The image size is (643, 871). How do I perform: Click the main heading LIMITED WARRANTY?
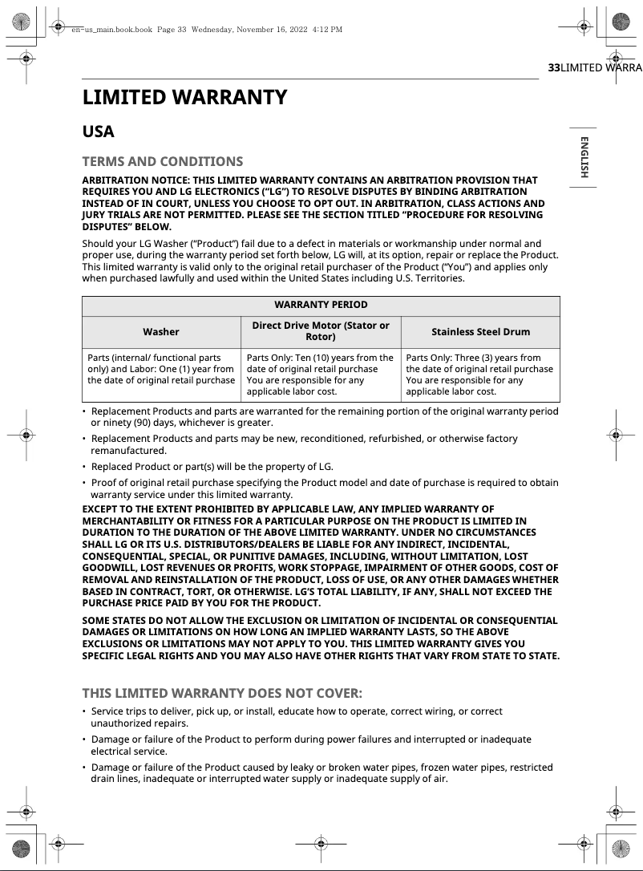[184, 98]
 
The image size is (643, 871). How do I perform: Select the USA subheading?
[99, 132]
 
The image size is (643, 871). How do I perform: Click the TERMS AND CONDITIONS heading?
[163, 161]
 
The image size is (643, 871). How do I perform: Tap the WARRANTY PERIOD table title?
[321, 305]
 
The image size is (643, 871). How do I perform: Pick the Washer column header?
[161, 331]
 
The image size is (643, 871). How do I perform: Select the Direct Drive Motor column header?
[321, 331]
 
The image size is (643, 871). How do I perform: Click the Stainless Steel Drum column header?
[480, 331]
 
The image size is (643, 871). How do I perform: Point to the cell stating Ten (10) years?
[320, 375]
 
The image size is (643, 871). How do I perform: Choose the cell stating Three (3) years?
[479, 375]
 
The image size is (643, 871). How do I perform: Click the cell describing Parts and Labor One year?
[161, 369]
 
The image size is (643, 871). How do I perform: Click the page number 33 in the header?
[553, 68]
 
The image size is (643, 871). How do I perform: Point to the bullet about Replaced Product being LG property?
[212, 466]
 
